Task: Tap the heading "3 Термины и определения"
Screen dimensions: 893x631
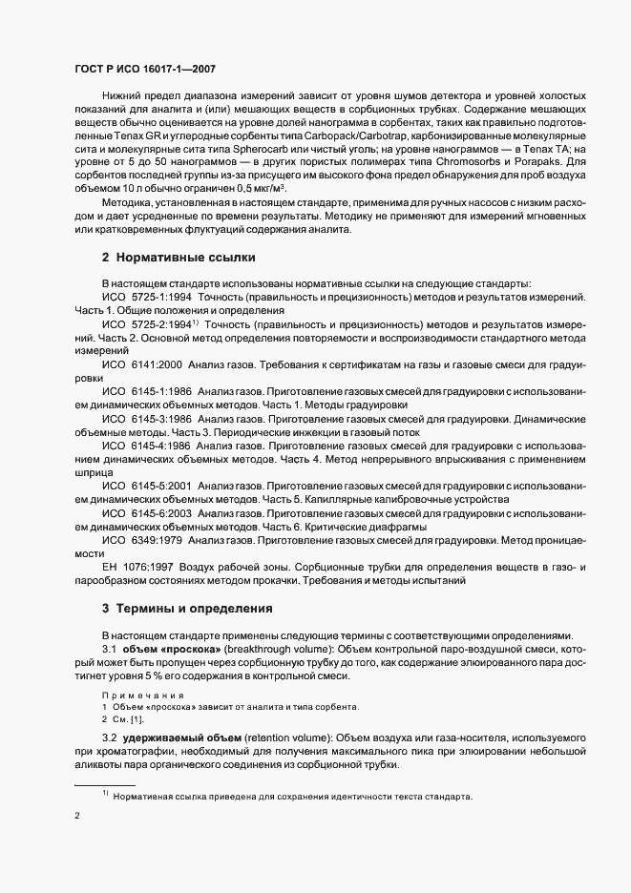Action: coord(186,608)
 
